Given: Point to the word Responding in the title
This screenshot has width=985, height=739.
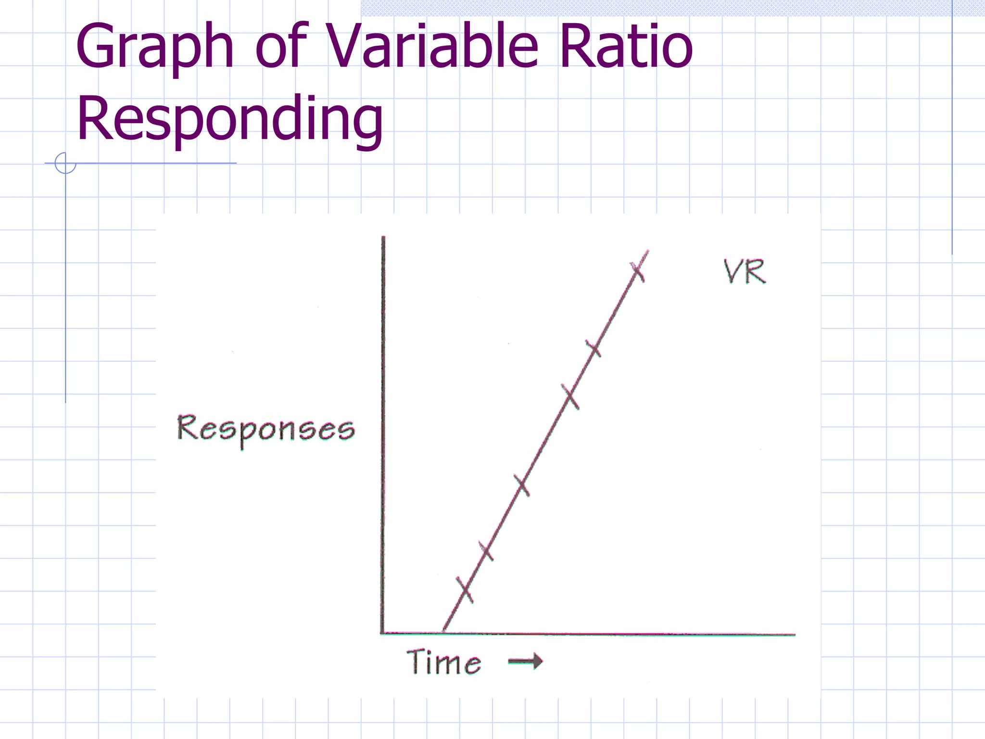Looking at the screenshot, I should pyautogui.click(x=230, y=119).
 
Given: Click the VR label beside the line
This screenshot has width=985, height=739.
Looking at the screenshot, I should pyautogui.click(x=745, y=272).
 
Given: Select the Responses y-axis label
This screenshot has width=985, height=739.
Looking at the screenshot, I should pyautogui.click(x=266, y=430).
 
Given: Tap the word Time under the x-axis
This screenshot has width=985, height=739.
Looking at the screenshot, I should pyautogui.click(x=443, y=662).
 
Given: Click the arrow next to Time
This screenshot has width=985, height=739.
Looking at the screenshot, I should pyautogui.click(x=525, y=662).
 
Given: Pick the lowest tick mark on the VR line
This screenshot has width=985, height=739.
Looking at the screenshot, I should pyautogui.click(x=465, y=589).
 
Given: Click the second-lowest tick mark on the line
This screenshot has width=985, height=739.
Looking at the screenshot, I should pyautogui.click(x=486, y=551).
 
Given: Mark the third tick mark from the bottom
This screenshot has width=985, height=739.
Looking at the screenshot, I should pyautogui.click(x=521, y=485).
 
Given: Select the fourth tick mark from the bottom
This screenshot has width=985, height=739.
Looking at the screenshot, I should pyautogui.click(x=570, y=396).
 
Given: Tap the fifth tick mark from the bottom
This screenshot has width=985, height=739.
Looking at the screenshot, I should pyautogui.click(x=593, y=348).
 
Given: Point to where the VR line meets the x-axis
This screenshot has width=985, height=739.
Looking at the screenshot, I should pyautogui.click(x=443, y=632).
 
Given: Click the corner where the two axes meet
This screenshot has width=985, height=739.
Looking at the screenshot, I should pyautogui.click(x=383, y=633).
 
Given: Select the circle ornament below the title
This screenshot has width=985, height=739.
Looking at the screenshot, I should pyautogui.click(x=65, y=163).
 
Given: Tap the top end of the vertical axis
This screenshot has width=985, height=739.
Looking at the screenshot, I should pyautogui.click(x=383, y=238).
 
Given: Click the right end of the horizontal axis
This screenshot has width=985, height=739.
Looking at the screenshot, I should pyautogui.click(x=794, y=635).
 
